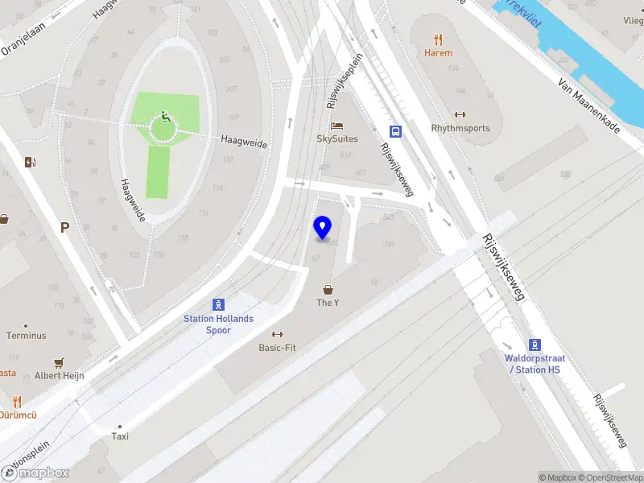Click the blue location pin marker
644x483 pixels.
[x=323, y=228]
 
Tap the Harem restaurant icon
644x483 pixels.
[x=439, y=39]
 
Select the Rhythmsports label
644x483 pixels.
[x=460, y=128]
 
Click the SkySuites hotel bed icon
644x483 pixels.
[x=337, y=126]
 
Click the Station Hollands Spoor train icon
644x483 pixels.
[x=218, y=304]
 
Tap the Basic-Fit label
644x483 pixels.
[x=278, y=349]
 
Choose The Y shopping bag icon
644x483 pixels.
[x=328, y=289]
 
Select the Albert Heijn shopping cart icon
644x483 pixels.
[x=58, y=363]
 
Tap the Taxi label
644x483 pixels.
[x=119, y=436]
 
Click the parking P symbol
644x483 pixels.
[x=64, y=227]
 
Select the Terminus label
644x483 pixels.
[x=27, y=336]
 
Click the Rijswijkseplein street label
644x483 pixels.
[x=345, y=80]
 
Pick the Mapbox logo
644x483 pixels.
[x=35, y=473]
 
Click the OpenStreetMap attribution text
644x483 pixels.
[x=611, y=477]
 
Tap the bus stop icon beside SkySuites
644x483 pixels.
[x=395, y=131]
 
